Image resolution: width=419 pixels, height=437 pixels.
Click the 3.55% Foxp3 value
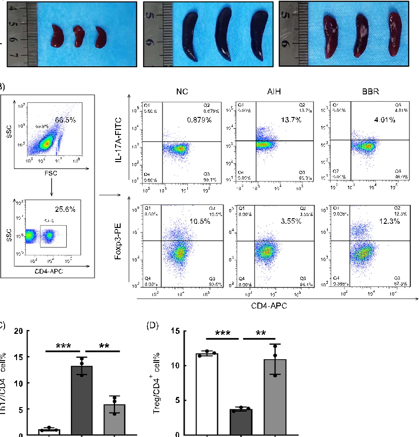pyautogui.click(x=291, y=221)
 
